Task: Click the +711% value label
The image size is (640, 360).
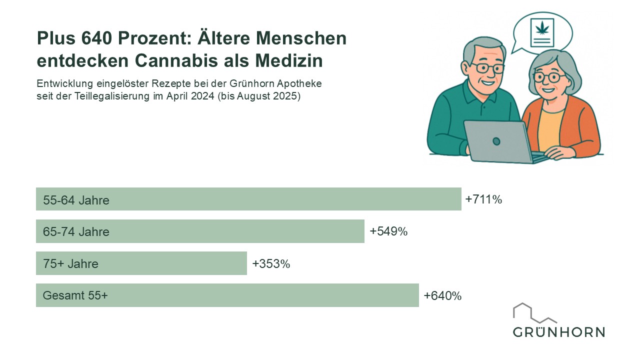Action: click(x=483, y=199)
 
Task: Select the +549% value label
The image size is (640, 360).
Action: click(x=388, y=231)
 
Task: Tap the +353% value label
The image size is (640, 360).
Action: click(x=271, y=263)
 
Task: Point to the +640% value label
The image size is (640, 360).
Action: click(x=442, y=295)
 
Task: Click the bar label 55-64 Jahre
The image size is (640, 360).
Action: click(x=76, y=200)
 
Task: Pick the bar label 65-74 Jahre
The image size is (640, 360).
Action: click(x=76, y=232)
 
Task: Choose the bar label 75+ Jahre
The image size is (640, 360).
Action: click(x=70, y=264)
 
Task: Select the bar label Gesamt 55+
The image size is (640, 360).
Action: click(x=75, y=295)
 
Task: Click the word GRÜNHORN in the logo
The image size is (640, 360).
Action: click(x=558, y=332)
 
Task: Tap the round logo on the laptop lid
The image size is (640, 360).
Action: click(x=496, y=141)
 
